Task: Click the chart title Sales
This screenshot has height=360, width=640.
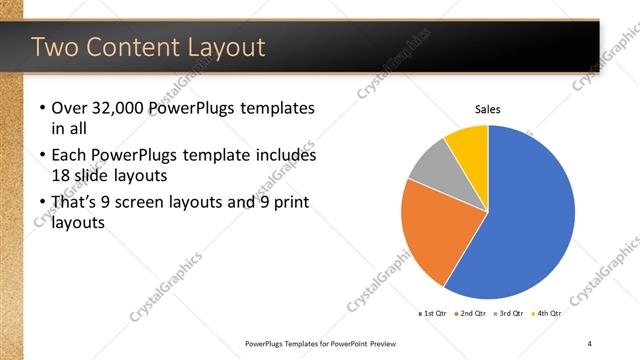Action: tap(487, 110)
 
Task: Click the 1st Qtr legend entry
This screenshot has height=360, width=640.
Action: tap(433, 313)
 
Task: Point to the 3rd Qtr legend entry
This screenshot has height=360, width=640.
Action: tap(510, 313)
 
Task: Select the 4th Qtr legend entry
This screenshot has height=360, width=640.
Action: tap(548, 313)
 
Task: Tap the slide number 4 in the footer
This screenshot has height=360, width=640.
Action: tap(590, 343)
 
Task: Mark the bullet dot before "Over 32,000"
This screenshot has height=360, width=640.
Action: tap(41, 109)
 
